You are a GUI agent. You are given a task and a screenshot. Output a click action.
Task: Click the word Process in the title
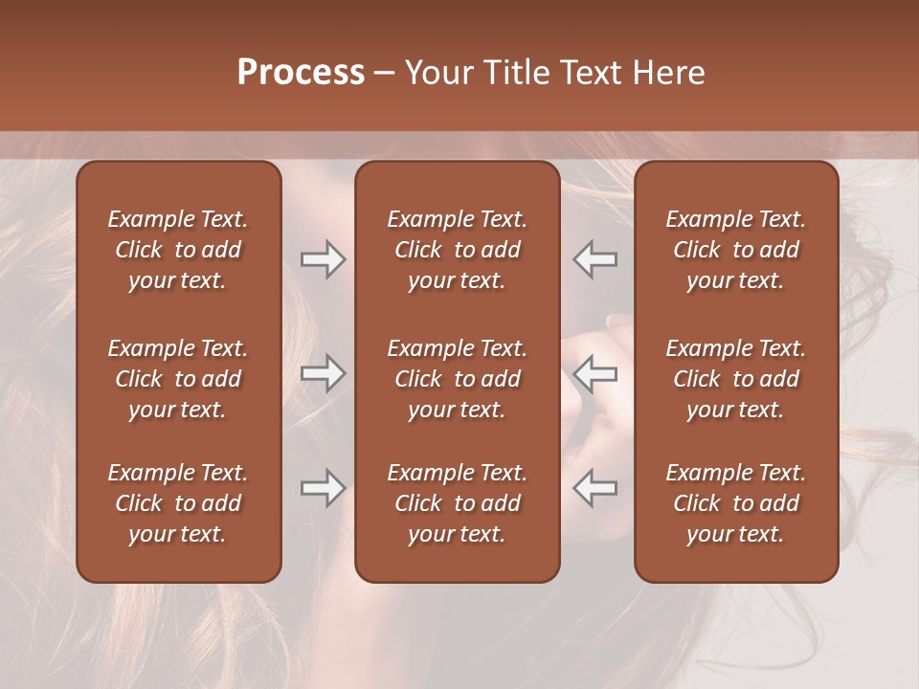(x=301, y=73)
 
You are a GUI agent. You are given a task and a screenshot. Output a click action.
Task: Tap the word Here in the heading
(x=667, y=73)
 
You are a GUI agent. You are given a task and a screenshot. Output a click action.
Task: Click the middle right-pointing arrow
(x=323, y=373)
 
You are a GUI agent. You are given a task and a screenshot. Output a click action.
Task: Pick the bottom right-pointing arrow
(x=323, y=489)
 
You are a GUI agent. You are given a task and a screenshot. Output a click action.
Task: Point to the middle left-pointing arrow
(x=594, y=373)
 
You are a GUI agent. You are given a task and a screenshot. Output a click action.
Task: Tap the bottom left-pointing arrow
(x=594, y=489)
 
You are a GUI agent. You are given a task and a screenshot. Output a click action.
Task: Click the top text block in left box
(x=178, y=250)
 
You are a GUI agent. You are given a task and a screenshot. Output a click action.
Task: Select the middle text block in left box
(x=178, y=379)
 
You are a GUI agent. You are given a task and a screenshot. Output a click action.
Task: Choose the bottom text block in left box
(x=178, y=503)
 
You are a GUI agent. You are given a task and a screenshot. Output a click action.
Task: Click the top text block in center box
(x=457, y=250)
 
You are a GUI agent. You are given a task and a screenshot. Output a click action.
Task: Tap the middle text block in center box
(x=457, y=379)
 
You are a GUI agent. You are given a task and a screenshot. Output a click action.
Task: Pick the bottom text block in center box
(x=457, y=503)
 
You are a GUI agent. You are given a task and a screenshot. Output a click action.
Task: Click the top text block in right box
(x=735, y=250)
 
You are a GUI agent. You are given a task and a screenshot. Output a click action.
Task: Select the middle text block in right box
(x=735, y=379)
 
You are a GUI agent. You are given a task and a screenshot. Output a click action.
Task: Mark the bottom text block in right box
(x=735, y=503)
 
